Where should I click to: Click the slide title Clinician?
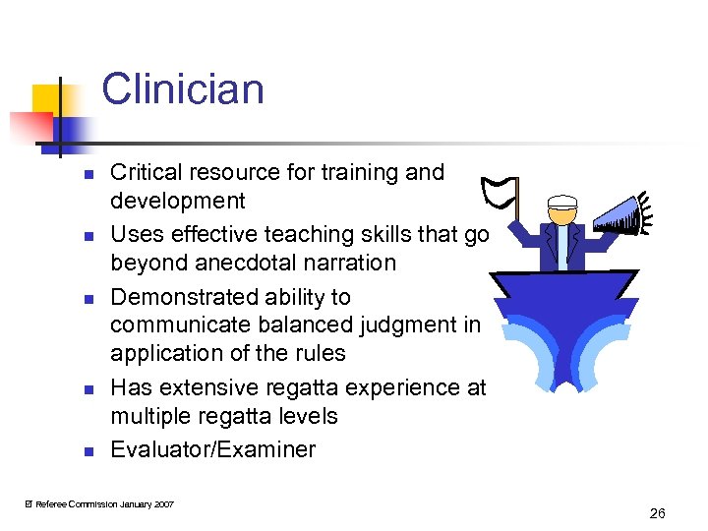[183, 88]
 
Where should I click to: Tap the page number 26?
[658, 513]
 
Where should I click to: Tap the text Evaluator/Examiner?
[212, 449]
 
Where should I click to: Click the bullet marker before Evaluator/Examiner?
[87, 452]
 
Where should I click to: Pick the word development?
[177, 201]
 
